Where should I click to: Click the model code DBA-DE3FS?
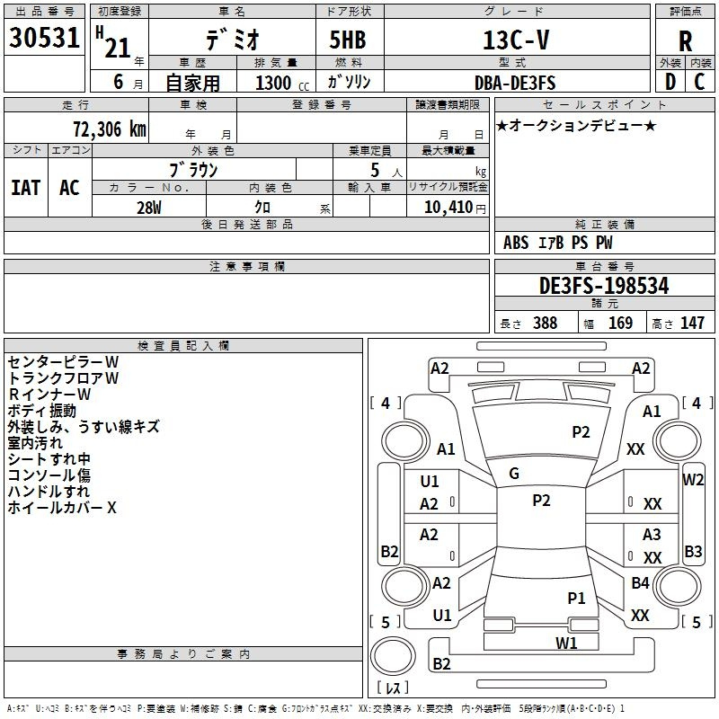(x=514, y=83)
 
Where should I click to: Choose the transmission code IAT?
(x=25, y=188)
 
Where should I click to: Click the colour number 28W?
(x=149, y=207)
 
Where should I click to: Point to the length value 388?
(x=545, y=324)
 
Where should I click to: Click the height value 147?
(x=692, y=324)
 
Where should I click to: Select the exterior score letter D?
(x=670, y=82)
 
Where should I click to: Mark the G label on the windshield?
(x=514, y=474)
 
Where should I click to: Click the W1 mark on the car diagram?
(x=565, y=643)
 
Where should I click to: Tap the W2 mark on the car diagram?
(x=693, y=479)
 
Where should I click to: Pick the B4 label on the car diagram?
(x=640, y=583)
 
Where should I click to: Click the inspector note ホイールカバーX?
(x=62, y=508)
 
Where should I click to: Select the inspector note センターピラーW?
(x=63, y=362)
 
